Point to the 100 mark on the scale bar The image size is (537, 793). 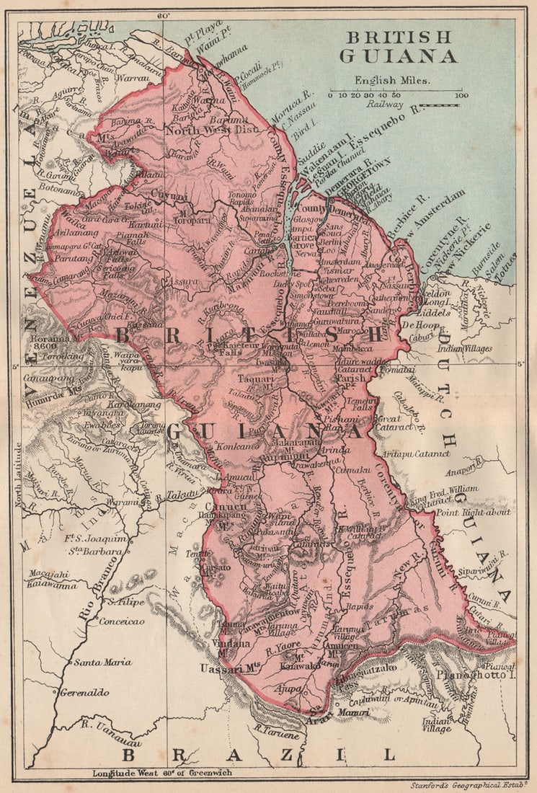click(x=461, y=95)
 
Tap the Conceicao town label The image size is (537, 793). click(x=121, y=621)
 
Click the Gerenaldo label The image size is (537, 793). click(x=85, y=692)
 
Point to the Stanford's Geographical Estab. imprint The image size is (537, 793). click(x=468, y=784)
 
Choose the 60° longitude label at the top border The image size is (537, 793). click(x=162, y=14)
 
